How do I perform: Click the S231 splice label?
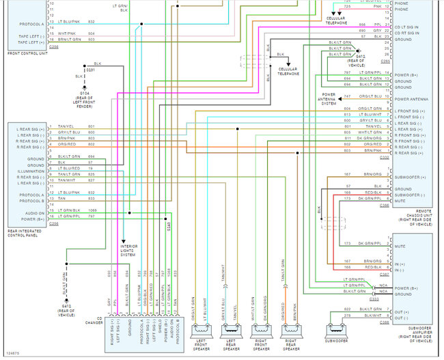coord(91,70)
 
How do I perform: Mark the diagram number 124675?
coord(12,352)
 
